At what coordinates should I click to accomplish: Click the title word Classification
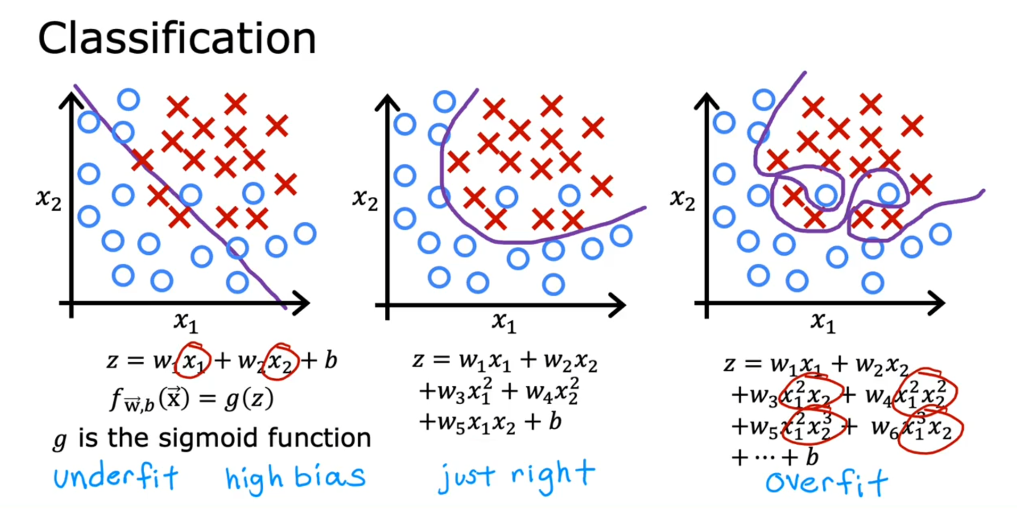click(177, 38)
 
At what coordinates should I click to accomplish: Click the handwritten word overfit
click(826, 482)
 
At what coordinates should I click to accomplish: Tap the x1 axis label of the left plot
click(185, 321)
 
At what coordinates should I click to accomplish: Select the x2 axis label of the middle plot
click(365, 199)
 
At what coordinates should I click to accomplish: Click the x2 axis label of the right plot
click(682, 199)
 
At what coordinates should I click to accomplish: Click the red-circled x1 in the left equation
click(193, 361)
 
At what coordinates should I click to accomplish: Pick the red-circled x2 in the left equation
click(280, 362)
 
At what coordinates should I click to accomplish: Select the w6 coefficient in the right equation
click(883, 427)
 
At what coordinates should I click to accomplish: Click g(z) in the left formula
click(249, 399)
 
